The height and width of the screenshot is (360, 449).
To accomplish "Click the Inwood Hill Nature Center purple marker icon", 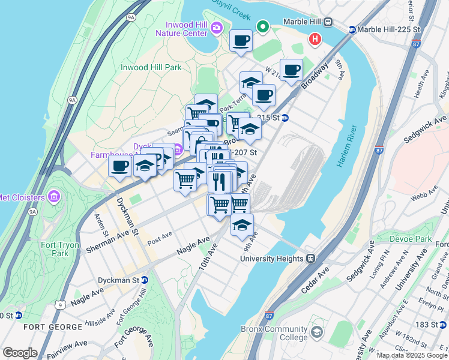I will [217, 27].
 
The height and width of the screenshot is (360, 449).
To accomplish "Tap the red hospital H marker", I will [313, 40].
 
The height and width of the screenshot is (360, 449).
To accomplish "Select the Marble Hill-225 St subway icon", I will [352, 29].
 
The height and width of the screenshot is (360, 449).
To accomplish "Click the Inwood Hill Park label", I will [151, 67].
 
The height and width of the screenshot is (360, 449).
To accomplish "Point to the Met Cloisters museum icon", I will [53, 197].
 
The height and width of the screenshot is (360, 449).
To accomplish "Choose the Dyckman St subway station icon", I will [144, 280].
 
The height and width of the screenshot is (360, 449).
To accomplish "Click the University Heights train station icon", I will [311, 259].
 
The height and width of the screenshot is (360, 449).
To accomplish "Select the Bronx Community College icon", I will [316, 332].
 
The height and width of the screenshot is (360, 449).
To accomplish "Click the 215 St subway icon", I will [285, 118].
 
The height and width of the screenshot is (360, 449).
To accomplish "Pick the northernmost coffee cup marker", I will [241, 41].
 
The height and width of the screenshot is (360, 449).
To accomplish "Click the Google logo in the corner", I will [20, 353].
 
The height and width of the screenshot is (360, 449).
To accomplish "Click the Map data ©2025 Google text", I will [411, 355].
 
